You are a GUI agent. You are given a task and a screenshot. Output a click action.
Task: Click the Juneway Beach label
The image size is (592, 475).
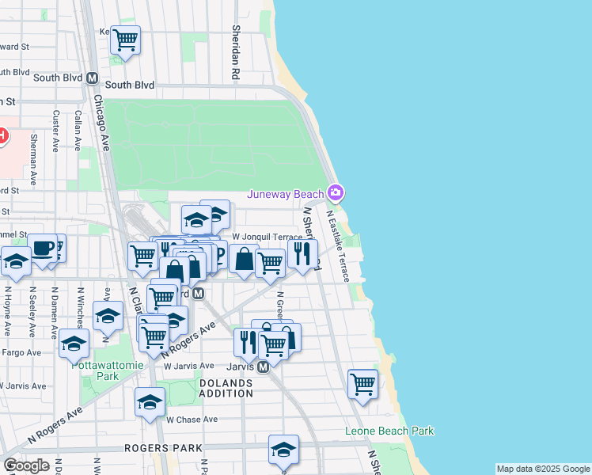286,194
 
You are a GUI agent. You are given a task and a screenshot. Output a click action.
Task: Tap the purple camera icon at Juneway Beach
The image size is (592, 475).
336,193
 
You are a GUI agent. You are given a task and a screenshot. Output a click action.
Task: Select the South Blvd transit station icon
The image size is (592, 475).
93,79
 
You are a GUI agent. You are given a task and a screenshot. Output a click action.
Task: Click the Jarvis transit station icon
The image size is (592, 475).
264,367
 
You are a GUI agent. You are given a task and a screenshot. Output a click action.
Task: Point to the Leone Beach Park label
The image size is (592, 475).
389,431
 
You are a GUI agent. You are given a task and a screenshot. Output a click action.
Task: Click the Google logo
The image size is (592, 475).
26,465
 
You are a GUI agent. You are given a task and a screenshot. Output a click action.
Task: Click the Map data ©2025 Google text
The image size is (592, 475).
542,469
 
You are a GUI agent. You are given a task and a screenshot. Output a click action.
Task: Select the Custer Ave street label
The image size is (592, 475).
56,130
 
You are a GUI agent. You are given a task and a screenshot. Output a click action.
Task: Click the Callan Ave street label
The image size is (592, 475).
78,130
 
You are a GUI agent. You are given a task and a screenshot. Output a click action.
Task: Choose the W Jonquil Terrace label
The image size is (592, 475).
268,237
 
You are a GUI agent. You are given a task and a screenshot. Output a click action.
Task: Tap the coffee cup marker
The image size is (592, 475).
43,248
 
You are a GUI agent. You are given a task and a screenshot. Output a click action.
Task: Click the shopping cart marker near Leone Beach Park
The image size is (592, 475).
362,383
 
